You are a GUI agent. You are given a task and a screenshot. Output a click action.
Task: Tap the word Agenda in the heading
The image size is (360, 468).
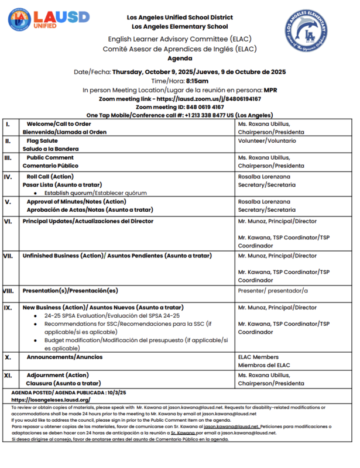pyautogui.click(x=179, y=59)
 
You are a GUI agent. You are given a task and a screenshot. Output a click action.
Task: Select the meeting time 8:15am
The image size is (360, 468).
pyautogui.click(x=197, y=81)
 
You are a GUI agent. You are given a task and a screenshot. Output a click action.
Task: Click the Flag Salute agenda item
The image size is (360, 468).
pyautogui.click(x=44, y=141)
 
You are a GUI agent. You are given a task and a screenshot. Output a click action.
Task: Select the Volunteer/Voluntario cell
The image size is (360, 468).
pyautogui.click(x=267, y=141)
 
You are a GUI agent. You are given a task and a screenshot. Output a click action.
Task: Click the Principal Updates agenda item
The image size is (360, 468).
pyautogui.click(x=88, y=221)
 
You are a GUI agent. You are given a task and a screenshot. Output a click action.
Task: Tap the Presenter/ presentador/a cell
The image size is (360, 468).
pyautogui.click(x=273, y=290)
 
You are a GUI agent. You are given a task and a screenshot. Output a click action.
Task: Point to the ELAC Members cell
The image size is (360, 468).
pyautogui.click(x=258, y=356)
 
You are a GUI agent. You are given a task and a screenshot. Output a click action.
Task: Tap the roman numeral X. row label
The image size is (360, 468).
pyautogui.click(x=8, y=356)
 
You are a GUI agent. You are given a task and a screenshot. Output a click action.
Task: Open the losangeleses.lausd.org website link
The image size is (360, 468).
pyautogui.click(x=50, y=400)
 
